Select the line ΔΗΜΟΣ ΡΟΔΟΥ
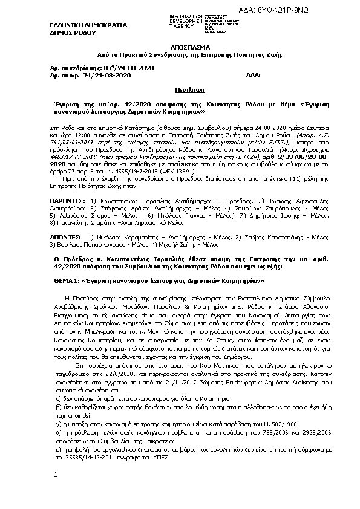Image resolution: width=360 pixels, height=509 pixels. [x=68, y=33]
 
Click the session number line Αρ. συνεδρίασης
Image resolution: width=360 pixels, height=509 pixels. [x=103, y=68]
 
